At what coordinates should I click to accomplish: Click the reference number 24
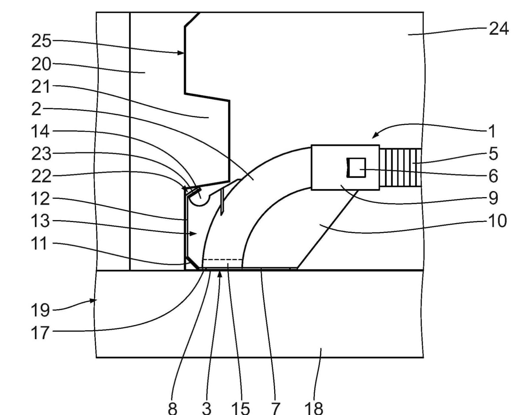point(499,29)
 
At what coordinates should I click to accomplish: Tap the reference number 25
point(41,41)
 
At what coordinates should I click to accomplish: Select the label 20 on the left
point(41,64)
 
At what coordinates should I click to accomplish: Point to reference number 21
point(41,86)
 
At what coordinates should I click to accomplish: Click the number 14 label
point(40,131)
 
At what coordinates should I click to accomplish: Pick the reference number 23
point(41,154)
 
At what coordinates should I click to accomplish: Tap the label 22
point(41,176)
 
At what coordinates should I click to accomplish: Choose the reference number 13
point(40,221)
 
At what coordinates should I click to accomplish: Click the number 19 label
point(40,310)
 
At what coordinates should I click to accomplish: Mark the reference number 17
point(40,333)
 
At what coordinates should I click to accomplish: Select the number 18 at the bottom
point(313,408)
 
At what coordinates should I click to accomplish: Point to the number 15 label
point(240,408)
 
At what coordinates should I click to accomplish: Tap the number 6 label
point(493,176)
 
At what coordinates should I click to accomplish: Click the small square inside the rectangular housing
point(356,168)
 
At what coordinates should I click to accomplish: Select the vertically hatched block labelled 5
point(400,168)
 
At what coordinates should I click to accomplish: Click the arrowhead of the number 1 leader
point(375,135)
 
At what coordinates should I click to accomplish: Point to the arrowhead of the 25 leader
point(180,52)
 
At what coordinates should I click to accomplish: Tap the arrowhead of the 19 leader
point(93,301)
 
